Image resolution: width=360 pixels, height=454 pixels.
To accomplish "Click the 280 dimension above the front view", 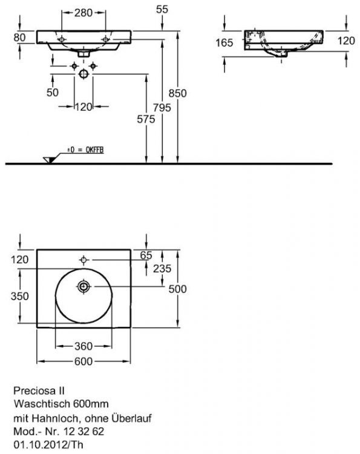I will pos(84,12).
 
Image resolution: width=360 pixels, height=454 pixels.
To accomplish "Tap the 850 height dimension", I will pos(178,93).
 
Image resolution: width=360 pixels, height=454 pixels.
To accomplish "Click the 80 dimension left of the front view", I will pos(19,37).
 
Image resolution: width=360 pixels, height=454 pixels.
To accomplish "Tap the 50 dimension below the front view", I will pos(52,92).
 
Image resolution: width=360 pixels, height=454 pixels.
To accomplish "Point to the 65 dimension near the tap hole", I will pos(146,255).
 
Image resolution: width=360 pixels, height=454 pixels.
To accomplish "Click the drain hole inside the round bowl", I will pos(83,286).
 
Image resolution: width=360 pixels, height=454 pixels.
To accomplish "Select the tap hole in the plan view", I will pos(83,260).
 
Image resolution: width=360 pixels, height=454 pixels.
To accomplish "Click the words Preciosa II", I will pos(35,391).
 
